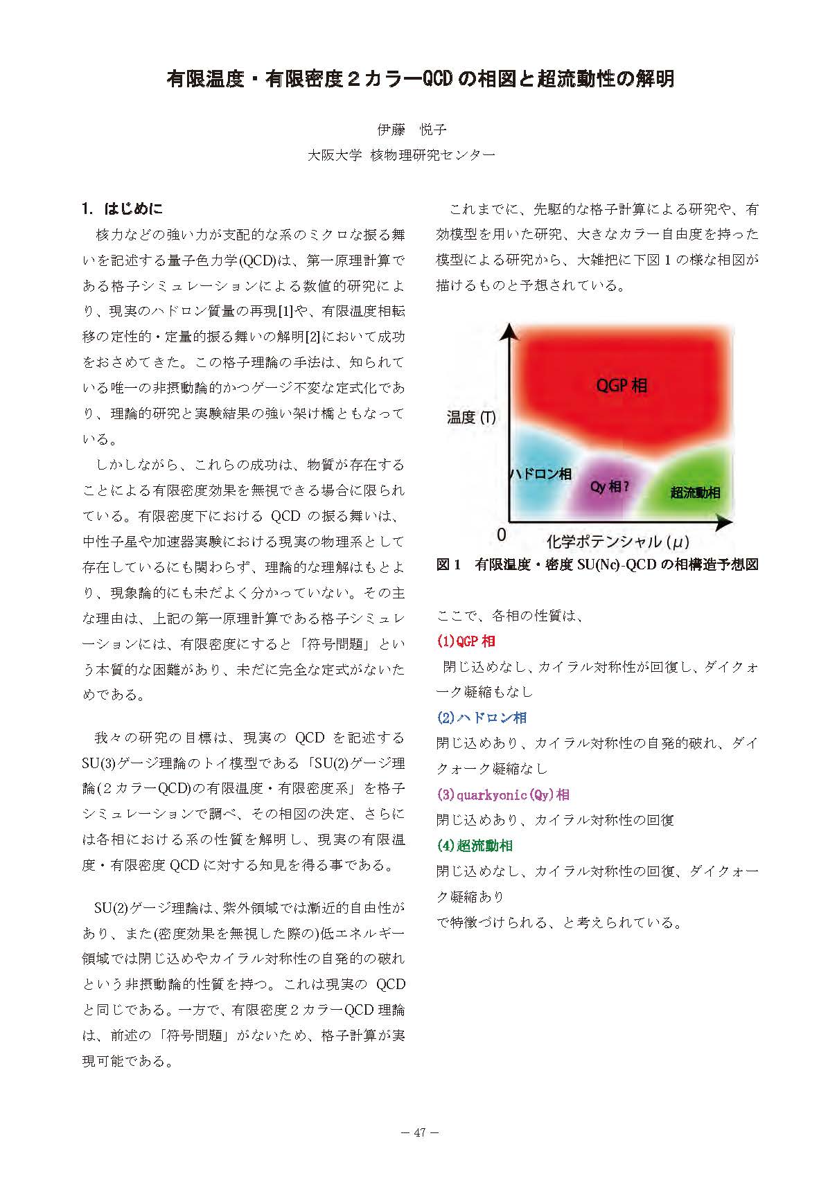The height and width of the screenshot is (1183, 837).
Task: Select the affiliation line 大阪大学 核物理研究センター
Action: [x=401, y=155]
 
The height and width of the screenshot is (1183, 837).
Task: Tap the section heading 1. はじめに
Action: [x=123, y=208]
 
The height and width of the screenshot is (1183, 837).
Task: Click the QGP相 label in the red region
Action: [x=622, y=385]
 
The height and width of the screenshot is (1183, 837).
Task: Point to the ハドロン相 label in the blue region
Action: [x=541, y=474]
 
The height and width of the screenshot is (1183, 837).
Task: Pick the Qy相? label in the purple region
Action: [x=610, y=486]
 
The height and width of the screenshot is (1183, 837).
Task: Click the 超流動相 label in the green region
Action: [x=695, y=492]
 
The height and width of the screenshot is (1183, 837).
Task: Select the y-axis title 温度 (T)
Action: [x=472, y=417]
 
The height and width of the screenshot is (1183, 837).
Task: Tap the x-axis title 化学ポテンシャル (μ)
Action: [x=618, y=542]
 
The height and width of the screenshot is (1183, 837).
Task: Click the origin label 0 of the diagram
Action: [x=502, y=535]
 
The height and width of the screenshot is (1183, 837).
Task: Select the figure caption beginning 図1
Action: [x=597, y=564]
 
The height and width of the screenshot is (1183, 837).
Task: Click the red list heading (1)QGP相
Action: [x=466, y=641]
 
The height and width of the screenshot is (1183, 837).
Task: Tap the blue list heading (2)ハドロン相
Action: [x=482, y=718]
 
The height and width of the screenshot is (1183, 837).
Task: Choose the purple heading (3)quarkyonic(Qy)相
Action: [x=503, y=794]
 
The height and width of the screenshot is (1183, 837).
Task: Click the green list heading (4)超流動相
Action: [x=475, y=846]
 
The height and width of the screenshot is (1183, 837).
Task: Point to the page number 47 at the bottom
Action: [x=419, y=1133]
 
